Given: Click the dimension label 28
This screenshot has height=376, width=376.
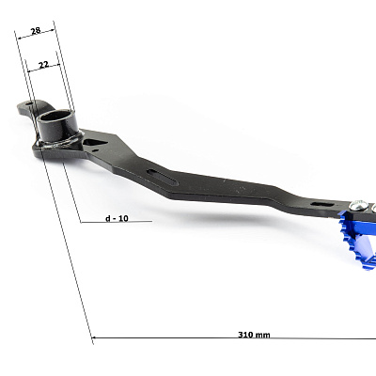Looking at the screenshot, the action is pos(36,31).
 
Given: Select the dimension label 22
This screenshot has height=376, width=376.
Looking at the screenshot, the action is pos(43,65).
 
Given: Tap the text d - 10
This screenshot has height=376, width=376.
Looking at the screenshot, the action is pos(117,218).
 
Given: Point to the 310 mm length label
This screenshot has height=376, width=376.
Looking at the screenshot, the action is pos(254,335).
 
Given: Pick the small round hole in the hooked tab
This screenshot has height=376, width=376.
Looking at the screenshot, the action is pos(29,102).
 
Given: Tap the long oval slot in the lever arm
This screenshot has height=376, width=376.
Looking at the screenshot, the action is pos(162,177).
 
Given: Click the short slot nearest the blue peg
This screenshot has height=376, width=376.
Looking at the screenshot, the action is pos(322,204).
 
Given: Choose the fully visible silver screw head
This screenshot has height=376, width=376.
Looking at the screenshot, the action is pos(359,205).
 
